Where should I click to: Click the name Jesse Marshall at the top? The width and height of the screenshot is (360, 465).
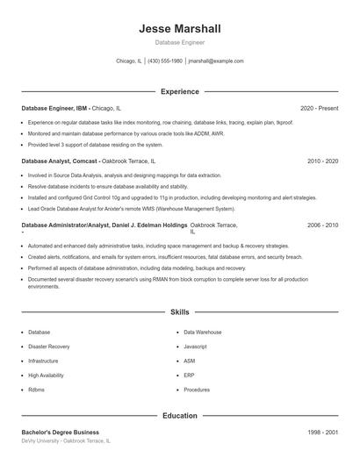pos(179,29)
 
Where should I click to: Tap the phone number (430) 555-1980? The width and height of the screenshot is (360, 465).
pos(165,61)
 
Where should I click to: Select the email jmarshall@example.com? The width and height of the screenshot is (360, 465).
pos(216,61)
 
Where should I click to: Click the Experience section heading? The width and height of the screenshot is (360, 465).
pos(179,91)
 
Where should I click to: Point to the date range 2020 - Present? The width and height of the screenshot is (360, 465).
pos(319,108)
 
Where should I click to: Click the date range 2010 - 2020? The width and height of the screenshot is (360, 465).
pos(322,162)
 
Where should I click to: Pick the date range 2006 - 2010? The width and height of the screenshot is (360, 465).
pos(322,225)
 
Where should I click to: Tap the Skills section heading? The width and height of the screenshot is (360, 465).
pos(179,311)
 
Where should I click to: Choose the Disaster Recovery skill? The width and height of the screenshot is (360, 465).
pos(48,347)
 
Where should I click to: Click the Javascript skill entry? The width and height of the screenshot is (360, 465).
pos(195,347)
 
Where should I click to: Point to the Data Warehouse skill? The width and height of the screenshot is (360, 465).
pos(202,333)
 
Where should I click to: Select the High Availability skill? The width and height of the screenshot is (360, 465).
pos(46,375)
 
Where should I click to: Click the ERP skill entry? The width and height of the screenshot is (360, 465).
pos(189,375)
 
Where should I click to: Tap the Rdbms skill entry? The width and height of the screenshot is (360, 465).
pos(37,390)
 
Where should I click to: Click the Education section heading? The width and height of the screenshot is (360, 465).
pos(179,416)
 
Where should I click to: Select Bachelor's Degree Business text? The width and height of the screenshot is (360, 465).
pos(60,433)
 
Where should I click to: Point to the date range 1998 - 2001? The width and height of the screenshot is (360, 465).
pos(322,433)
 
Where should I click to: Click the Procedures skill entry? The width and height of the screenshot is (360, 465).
pos(197,390)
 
